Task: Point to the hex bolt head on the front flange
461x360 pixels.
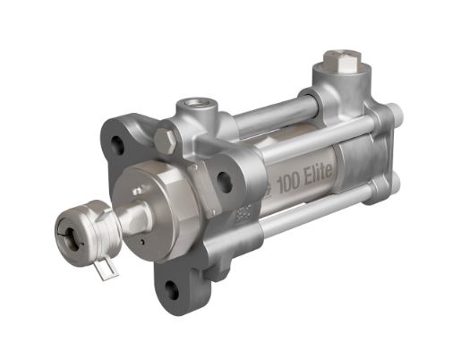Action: coord(165,141)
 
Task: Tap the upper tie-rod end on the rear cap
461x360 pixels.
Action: coord(395,114)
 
